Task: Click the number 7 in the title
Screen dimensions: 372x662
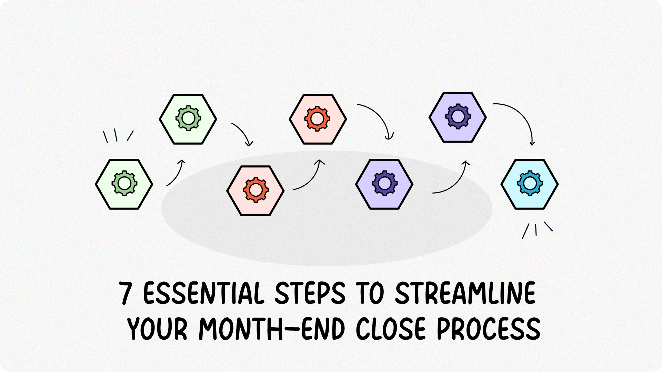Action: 126,293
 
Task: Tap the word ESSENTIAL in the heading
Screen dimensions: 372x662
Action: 203,293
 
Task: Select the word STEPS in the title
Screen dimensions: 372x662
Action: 310,293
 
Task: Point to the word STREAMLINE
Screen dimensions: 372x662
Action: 465,293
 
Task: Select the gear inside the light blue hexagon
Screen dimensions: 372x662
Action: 530,183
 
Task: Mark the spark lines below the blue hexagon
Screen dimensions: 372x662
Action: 536,230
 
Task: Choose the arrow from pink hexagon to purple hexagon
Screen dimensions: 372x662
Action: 378,117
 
